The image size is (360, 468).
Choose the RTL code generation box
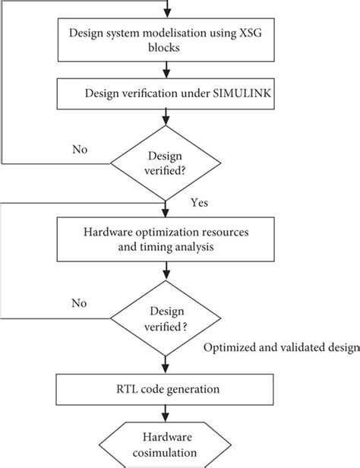[x=166, y=390]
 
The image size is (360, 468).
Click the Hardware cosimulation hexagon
[x=166, y=444]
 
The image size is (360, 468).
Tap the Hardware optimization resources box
[x=166, y=239]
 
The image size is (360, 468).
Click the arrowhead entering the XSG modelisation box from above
[x=166, y=13]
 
